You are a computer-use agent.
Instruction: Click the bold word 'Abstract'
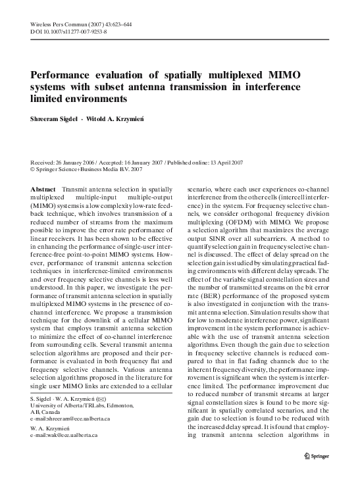(43, 189)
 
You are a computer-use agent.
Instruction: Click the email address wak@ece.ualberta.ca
(66, 435)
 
